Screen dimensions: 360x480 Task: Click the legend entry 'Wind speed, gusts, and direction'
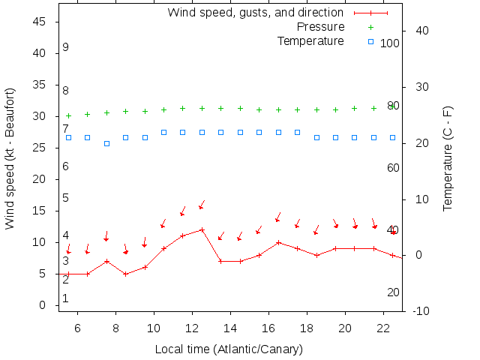coord(255,13)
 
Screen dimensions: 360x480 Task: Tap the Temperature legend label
coord(310,40)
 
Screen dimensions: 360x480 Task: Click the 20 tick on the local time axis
coord(345,328)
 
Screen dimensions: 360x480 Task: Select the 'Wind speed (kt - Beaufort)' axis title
coord(10,158)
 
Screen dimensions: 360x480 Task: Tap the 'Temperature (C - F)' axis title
coord(448,158)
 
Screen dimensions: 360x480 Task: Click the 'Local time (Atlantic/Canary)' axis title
coord(229,349)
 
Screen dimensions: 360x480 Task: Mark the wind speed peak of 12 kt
coord(202,229)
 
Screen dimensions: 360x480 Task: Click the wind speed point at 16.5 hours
coord(278,242)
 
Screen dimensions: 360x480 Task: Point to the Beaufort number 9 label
coord(66,47)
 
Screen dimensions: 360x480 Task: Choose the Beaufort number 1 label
coord(66,298)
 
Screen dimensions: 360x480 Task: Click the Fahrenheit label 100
coord(390,43)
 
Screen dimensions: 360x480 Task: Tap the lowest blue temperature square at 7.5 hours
coord(106,143)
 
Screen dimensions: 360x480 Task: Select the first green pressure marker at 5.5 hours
coord(68,116)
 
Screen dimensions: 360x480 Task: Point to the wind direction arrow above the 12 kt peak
coord(202,205)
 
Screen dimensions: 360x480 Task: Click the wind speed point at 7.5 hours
coord(106,261)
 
